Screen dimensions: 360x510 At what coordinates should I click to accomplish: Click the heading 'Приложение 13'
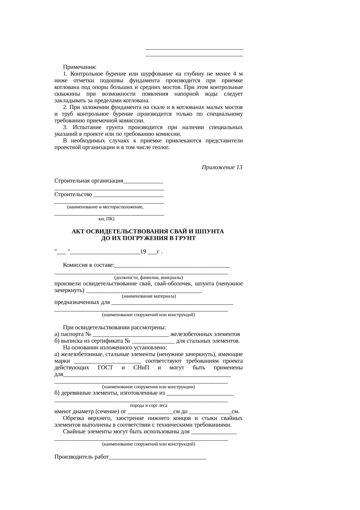coord(222,167)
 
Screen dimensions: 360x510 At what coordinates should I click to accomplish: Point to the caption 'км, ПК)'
coord(107,219)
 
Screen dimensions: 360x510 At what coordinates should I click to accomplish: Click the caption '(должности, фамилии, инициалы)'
coord(148,277)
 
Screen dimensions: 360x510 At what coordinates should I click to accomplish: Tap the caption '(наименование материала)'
coord(149,296)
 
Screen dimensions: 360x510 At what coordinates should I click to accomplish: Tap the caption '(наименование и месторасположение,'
coord(105,207)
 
